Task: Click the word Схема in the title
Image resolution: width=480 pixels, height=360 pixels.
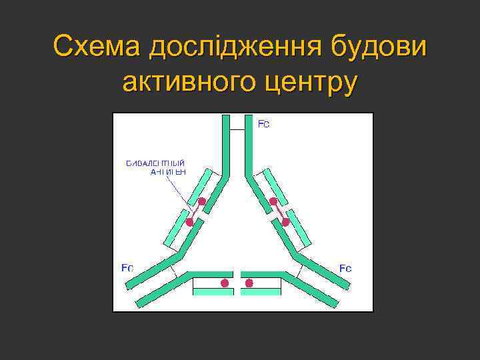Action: (97, 48)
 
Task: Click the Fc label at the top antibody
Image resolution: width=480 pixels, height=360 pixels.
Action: (263, 125)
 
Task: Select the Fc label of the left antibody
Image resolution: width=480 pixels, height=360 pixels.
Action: (127, 268)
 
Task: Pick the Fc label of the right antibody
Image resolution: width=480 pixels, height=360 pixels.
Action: (345, 268)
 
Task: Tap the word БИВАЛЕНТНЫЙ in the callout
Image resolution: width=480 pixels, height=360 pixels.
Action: (156, 163)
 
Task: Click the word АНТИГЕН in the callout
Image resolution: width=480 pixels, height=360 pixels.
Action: (167, 172)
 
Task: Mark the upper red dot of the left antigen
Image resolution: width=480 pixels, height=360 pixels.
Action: (201, 201)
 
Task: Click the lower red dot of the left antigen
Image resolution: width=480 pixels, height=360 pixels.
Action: (189, 222)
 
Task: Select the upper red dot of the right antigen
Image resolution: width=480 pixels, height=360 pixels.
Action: (273, 201)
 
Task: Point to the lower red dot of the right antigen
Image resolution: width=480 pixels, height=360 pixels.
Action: (285, 222)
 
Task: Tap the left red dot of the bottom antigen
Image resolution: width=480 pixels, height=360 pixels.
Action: (225, 283)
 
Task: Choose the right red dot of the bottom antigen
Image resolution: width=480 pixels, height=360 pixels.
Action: (249, 283)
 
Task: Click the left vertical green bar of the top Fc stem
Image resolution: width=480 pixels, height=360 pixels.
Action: (226, 143)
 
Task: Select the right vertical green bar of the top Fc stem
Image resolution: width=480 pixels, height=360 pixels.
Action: (249, 143)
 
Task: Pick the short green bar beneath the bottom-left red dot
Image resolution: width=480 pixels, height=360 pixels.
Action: (212, 292)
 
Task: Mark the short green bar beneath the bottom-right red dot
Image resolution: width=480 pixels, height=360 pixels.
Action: (261, 292)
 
